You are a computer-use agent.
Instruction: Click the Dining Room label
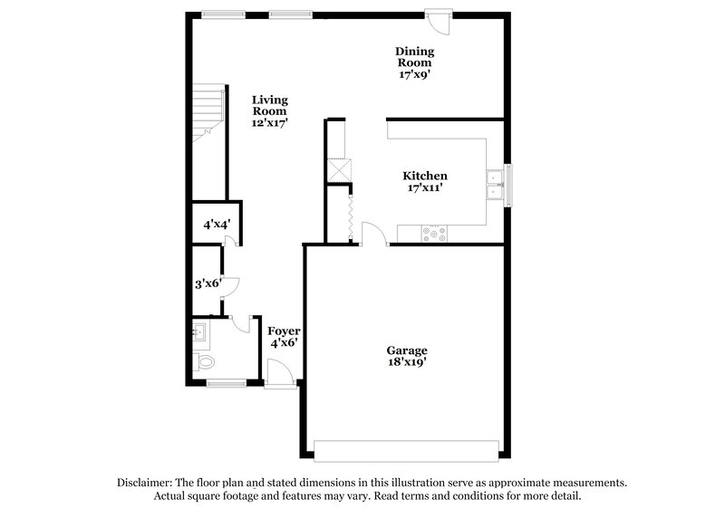tap(413, 62)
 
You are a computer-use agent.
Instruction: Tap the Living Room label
tap(269, 110)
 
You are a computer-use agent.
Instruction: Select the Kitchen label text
tap(425, 182)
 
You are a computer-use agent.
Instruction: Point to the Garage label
tap(407, 356)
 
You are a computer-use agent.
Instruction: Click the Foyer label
tap(285, 337)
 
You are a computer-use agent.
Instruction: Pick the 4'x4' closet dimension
tap(215, 224)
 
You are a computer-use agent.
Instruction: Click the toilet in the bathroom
tap(205, 362)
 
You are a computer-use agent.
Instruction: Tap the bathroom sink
tap(200, 332)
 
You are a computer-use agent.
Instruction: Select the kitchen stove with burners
tap(436, 235)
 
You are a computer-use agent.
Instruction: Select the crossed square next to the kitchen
tap(338, 169)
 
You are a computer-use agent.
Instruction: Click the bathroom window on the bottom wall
tap(226, 384)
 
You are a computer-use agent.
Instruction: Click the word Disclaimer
tap(146, 483)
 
